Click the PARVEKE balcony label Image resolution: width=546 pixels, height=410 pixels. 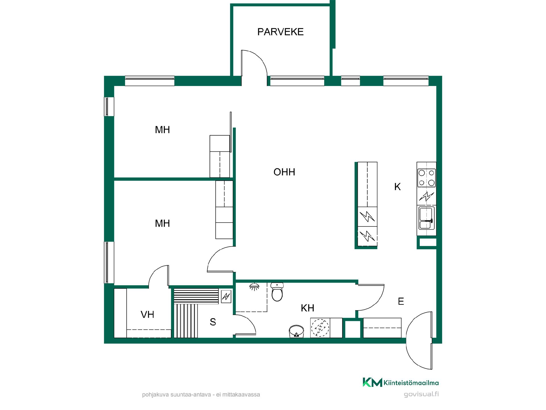(x=280, y=32)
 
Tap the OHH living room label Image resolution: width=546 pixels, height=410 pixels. (x=284, y=172)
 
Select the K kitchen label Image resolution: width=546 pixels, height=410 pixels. (x=397, y=187)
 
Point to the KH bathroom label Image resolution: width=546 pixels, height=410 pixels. (x=307, y=308)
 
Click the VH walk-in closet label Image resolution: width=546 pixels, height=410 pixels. (x=147, y=315)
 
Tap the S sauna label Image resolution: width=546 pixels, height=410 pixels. (x=213, y=322)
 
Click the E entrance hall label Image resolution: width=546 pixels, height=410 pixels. (x=401, y=301)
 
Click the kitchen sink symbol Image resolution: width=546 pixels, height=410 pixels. (x=426, y=218)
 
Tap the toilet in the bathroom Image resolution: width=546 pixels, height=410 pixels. (x=277, y=292)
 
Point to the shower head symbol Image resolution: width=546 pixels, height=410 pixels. (x=255, y=286)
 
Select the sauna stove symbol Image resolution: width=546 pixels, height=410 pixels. (x=226, y=297)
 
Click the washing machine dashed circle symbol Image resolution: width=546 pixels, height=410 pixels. (x=320, y=328)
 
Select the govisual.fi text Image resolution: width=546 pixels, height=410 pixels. (x=421, y=395)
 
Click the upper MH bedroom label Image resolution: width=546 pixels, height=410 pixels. (x=162, y=130)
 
